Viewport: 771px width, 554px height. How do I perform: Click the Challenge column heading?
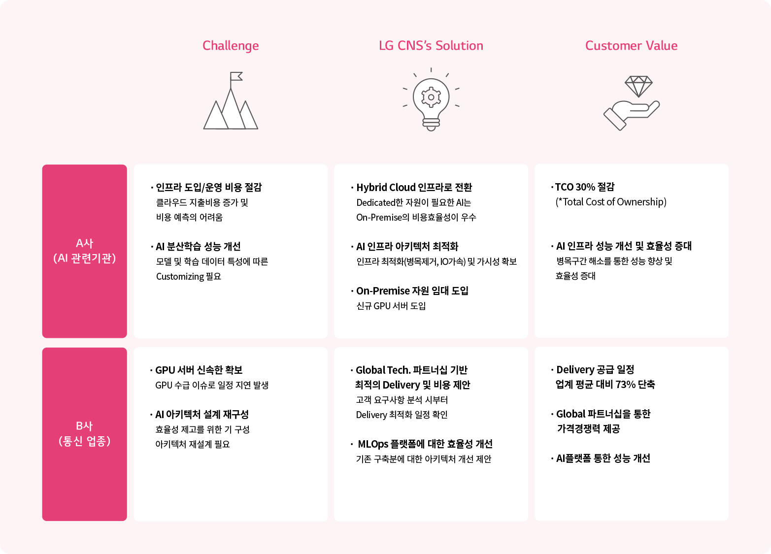230,46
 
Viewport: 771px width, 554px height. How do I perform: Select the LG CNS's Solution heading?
431,45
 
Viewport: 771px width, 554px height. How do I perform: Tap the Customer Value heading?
631,45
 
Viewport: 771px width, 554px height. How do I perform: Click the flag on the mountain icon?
236,76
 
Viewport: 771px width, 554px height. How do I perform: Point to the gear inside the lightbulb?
431,97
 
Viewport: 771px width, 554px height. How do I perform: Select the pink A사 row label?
84,251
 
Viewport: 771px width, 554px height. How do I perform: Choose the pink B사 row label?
84,434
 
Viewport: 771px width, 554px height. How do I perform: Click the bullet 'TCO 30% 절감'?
584,187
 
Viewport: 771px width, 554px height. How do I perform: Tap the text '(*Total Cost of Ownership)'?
611,201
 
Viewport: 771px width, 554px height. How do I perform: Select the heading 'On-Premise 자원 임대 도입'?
412,291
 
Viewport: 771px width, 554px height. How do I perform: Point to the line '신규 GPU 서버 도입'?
391,306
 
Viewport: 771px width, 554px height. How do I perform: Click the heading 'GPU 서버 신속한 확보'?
199,370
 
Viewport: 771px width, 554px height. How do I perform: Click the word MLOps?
373,444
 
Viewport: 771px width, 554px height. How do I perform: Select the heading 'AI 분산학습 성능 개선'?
198,246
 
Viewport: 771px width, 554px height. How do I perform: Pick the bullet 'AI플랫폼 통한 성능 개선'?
603,458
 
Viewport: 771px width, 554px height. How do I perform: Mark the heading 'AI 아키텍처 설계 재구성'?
202,414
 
